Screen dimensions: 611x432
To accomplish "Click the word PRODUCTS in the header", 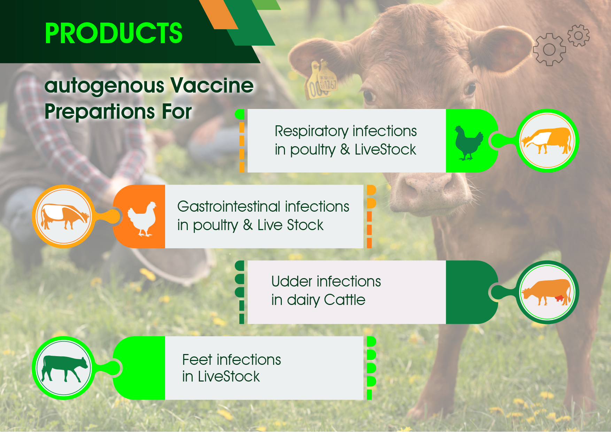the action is click(x=114, y=33).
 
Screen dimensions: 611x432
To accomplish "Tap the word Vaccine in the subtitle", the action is click(x=212, y=85).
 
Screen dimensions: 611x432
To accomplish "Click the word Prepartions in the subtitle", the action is click(x=100, y=111).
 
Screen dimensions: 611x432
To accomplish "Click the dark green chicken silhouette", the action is click(x=469, y=143).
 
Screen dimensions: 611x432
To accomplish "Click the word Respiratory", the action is click(x=311, y=132).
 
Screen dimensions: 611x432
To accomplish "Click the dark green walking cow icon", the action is click(x=65, y=368).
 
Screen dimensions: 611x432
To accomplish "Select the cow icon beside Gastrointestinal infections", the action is click(x=65, y=216).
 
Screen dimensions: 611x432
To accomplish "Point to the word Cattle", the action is click(x=345, y=300).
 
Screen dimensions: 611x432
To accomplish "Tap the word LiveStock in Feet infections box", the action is click(x=229, y=377).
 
